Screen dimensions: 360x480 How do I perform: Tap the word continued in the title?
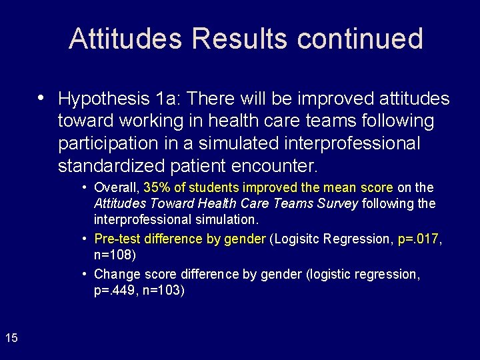[360, 39]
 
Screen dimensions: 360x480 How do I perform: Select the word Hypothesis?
[103, 99]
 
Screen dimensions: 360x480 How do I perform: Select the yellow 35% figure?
[157, 188]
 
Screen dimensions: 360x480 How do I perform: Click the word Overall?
[116, 188]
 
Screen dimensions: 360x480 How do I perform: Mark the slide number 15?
[11, 338]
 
